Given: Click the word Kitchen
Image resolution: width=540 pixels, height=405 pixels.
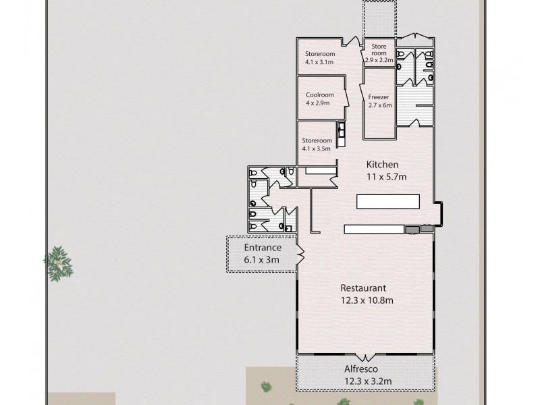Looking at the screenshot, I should [382, 164].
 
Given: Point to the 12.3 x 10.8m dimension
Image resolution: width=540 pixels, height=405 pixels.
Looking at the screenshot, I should [367, 300].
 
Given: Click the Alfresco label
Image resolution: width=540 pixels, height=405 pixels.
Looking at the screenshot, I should [362, 369].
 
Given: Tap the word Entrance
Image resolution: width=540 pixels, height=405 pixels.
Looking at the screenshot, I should [263, 247].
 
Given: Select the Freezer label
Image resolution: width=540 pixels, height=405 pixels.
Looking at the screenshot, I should [379, 97].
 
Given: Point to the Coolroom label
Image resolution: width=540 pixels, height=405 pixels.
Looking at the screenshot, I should [317, 95].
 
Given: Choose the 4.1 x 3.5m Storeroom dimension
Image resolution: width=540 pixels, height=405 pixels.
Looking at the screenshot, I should [317, 148].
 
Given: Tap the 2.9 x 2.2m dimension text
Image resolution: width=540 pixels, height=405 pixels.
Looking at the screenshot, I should [379, 60].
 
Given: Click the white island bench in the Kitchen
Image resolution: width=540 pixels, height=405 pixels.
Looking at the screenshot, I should [387, 202].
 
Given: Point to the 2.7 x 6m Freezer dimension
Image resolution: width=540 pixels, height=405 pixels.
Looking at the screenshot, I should [380, 105].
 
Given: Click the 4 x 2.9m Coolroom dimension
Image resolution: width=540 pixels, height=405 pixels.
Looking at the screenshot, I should [317, 103].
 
